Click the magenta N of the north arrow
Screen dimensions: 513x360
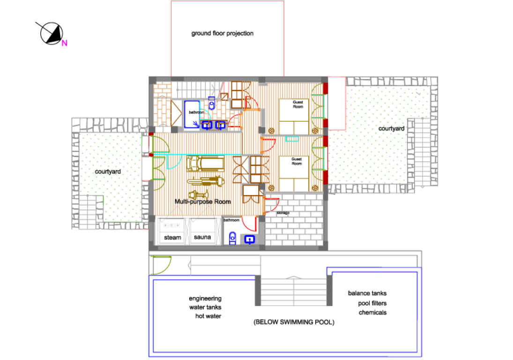(x=65, y=43)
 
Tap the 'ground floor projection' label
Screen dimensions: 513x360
(x=222, y=33)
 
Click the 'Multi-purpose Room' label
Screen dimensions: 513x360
(x=202, y=202)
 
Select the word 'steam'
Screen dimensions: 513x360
(x=172, y=238)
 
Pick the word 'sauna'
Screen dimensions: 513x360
(x=202, y=237)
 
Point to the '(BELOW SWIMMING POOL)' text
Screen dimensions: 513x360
(x=294, y=322)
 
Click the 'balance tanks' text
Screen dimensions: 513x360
(x=367, y=293)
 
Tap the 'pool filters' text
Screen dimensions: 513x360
(x=372, y=303)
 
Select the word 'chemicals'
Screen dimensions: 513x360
(x=372, y=313)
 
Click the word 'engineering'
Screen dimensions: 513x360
(x=205, y=299)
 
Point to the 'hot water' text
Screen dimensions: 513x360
(x=208, y=316)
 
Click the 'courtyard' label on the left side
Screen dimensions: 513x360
(x=108, y=172)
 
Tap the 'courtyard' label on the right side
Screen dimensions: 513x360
(x=391, y=128)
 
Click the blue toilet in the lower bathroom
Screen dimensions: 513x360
(x=232, y=238)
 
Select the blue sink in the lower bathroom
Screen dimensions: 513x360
(x=250, y=240)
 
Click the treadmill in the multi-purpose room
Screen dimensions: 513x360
(x=205, y=164)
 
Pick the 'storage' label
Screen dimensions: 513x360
(x=283, y=213)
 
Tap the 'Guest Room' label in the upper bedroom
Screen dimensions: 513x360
(x=297, y=105)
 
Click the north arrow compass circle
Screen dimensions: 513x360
(x=52, y=33)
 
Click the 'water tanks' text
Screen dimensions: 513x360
(x=205, y=307)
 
